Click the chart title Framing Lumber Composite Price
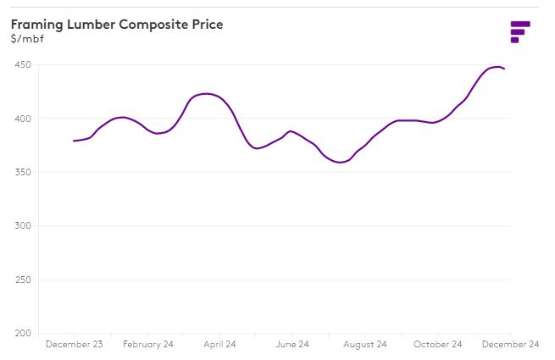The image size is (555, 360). [117, 25]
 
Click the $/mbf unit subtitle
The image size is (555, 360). [28, 39]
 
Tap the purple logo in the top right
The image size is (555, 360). [519, 31]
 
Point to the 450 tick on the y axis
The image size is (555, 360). [23, 65]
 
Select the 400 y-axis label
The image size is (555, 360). [23, 119]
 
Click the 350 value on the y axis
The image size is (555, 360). [23, 172]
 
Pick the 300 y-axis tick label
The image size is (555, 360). [23, 226]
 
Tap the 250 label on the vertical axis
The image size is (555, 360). [23, 280]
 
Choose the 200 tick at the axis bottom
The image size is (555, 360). [23, 333]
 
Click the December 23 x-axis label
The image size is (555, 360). [74, 345]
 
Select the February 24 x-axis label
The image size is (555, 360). [147, 345]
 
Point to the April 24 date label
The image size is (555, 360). [219, 345]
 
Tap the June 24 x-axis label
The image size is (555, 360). [291, 345]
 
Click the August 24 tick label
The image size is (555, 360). [365, 345]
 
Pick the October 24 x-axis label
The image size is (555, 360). [437, 345]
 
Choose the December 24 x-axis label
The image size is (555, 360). [510, 345]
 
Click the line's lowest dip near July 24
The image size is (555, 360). [341, 162]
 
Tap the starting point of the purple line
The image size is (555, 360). [74, 141]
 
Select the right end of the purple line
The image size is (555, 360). [505, 69]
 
